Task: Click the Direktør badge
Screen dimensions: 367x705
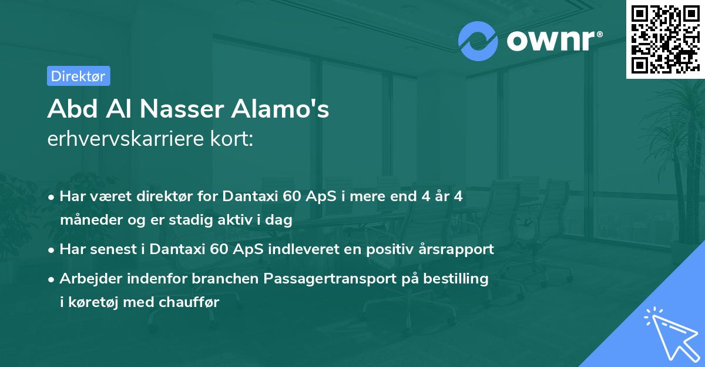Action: [78, 76]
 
